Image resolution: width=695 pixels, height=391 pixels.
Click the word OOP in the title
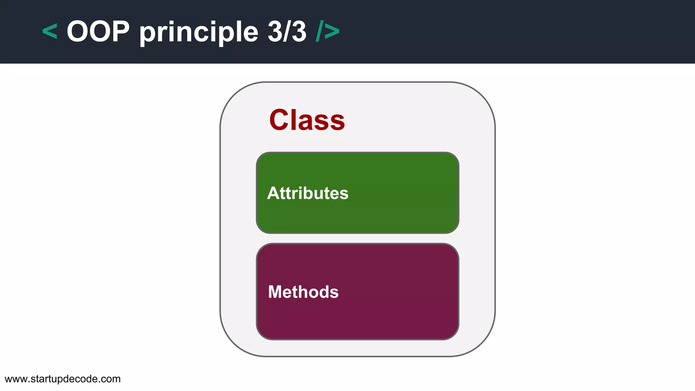pyautogui.click(x=98, y=31)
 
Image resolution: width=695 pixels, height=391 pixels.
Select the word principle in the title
pyautogui.click(x=199, y=33)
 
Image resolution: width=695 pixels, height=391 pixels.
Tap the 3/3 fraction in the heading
pyautogui.click(x=287, y=31)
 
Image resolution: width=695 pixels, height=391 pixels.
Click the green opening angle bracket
pyautogui.click(x=50, y=32)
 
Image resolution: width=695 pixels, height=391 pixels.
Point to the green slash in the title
pyautogui.click(x=319, y=31)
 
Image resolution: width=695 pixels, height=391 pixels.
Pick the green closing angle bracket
pyautogui.click(x=332, y=32)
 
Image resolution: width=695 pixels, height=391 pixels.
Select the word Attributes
pyautogui.click(x=307, y=193)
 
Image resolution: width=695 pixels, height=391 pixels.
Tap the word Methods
pyautogui.click(x=303, y=292)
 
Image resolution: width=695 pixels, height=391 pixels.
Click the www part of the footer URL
pyautogui.click(x=16, y=379)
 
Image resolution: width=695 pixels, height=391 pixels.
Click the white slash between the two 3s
pyautogui.click(x=287, y=31)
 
